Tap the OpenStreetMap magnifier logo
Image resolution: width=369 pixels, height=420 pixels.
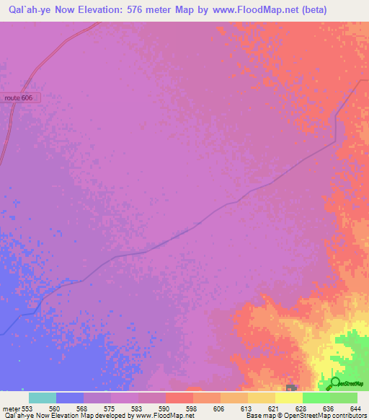point(335,382)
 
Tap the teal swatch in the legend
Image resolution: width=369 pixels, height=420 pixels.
point(42,398)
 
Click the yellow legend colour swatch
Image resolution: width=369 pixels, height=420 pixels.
point(288,398)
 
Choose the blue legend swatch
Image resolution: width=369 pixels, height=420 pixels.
point(69,398)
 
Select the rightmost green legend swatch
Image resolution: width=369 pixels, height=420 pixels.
point(343,398)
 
